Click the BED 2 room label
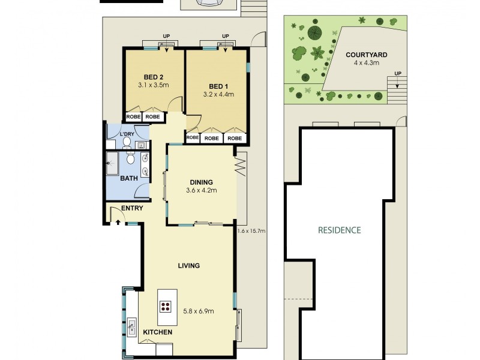tap(154, 77)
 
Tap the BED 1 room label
tap(218, 86)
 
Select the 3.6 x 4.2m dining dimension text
tap(201, 191)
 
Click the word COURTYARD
tap(367, 55)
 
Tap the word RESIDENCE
tap(339, 229)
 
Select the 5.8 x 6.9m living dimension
tap(199, 310)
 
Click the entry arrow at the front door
tap(118, 222)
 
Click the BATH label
tap(129, 178)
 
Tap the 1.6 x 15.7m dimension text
tap(251, 230)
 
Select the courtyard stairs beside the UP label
tap(397, 86)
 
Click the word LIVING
tap(188, 265)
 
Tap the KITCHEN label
tap(158, 332)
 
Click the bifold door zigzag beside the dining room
tap(242, 164)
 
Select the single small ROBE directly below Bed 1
tap(193, 137)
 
